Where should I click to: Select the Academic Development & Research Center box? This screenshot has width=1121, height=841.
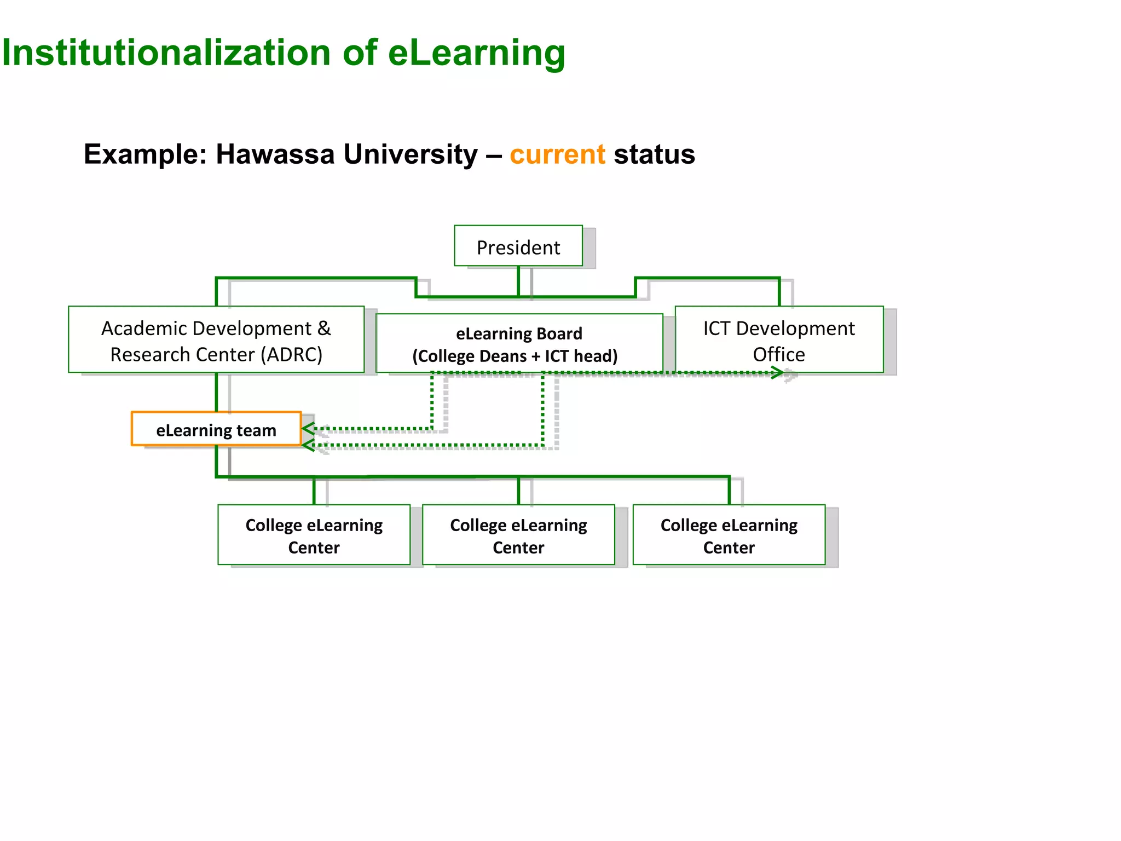point(216,339)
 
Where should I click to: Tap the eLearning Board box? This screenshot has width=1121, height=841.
point(519,343)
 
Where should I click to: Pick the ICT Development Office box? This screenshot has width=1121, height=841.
point(778,339)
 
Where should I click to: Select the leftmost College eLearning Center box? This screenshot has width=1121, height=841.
point(314,534)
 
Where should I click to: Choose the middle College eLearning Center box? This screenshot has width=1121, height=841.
point(518,534)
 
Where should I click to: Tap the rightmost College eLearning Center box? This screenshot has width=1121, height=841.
point(729,534)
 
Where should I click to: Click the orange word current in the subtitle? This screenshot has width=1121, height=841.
point(557,154)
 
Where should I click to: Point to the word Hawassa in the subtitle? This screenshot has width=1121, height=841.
point(275,154)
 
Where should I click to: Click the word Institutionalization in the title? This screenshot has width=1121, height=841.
point(166,53)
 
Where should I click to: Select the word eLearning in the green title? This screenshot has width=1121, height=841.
point(476,53)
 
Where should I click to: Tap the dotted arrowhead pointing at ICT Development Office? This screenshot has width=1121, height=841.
point(777,373)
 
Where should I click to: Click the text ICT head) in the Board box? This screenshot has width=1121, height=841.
point(581,356)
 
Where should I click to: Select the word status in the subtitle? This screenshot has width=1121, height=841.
point(654,154)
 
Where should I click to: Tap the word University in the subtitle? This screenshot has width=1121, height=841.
point(411,154)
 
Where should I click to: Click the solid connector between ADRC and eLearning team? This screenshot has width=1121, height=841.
point(217,392)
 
